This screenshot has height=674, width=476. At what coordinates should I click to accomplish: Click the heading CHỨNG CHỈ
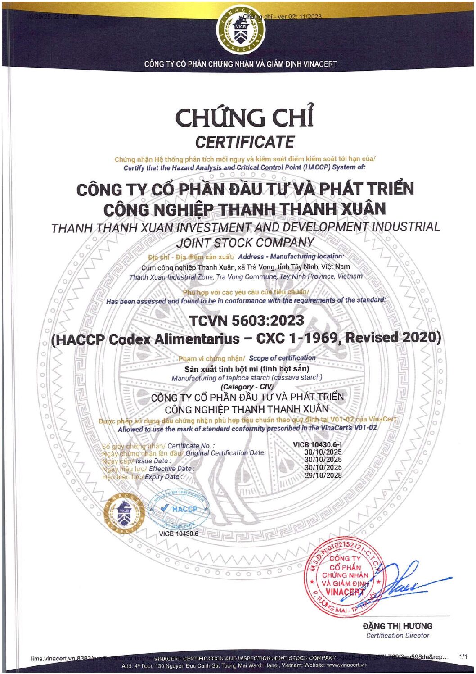click(244, 118)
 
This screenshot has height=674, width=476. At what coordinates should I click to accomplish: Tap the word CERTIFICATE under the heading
click(244, 142)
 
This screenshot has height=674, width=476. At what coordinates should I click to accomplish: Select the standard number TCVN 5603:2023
click(246, 321)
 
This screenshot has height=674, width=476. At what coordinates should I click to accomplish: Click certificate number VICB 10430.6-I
click(317, 444)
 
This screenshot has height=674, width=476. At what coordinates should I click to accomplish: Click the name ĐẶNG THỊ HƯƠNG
click(397, 626)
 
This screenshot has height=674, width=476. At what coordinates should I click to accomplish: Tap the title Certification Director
click(397, 636)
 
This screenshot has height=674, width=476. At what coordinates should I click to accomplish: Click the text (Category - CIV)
click(247, 387)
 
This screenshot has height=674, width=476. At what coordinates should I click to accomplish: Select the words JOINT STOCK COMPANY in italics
click(245, 243)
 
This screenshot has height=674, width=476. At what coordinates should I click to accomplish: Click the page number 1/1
click(463, 657)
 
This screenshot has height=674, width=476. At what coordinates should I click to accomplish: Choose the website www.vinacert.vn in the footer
click(346, 665)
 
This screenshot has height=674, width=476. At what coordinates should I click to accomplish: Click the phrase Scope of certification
click(282, 358)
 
